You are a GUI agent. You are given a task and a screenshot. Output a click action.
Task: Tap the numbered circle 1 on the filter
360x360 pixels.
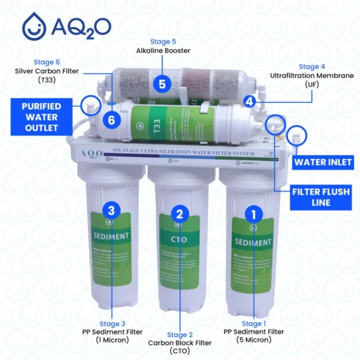253,213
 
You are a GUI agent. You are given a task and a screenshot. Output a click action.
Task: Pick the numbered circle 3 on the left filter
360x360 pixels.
112,210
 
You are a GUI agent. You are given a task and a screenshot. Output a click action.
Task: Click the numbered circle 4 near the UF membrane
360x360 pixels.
249,101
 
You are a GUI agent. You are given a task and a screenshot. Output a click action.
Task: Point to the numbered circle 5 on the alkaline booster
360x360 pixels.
162,84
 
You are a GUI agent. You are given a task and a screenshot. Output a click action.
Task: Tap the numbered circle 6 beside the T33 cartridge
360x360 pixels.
112,120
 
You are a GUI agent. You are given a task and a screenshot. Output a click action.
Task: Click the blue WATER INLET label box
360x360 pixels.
323,162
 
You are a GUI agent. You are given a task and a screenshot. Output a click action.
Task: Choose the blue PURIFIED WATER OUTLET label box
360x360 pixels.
42,117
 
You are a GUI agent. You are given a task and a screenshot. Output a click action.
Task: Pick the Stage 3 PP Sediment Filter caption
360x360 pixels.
112,331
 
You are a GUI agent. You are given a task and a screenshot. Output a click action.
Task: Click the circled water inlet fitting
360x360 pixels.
297,136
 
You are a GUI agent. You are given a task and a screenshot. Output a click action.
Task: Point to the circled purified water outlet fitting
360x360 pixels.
90,103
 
